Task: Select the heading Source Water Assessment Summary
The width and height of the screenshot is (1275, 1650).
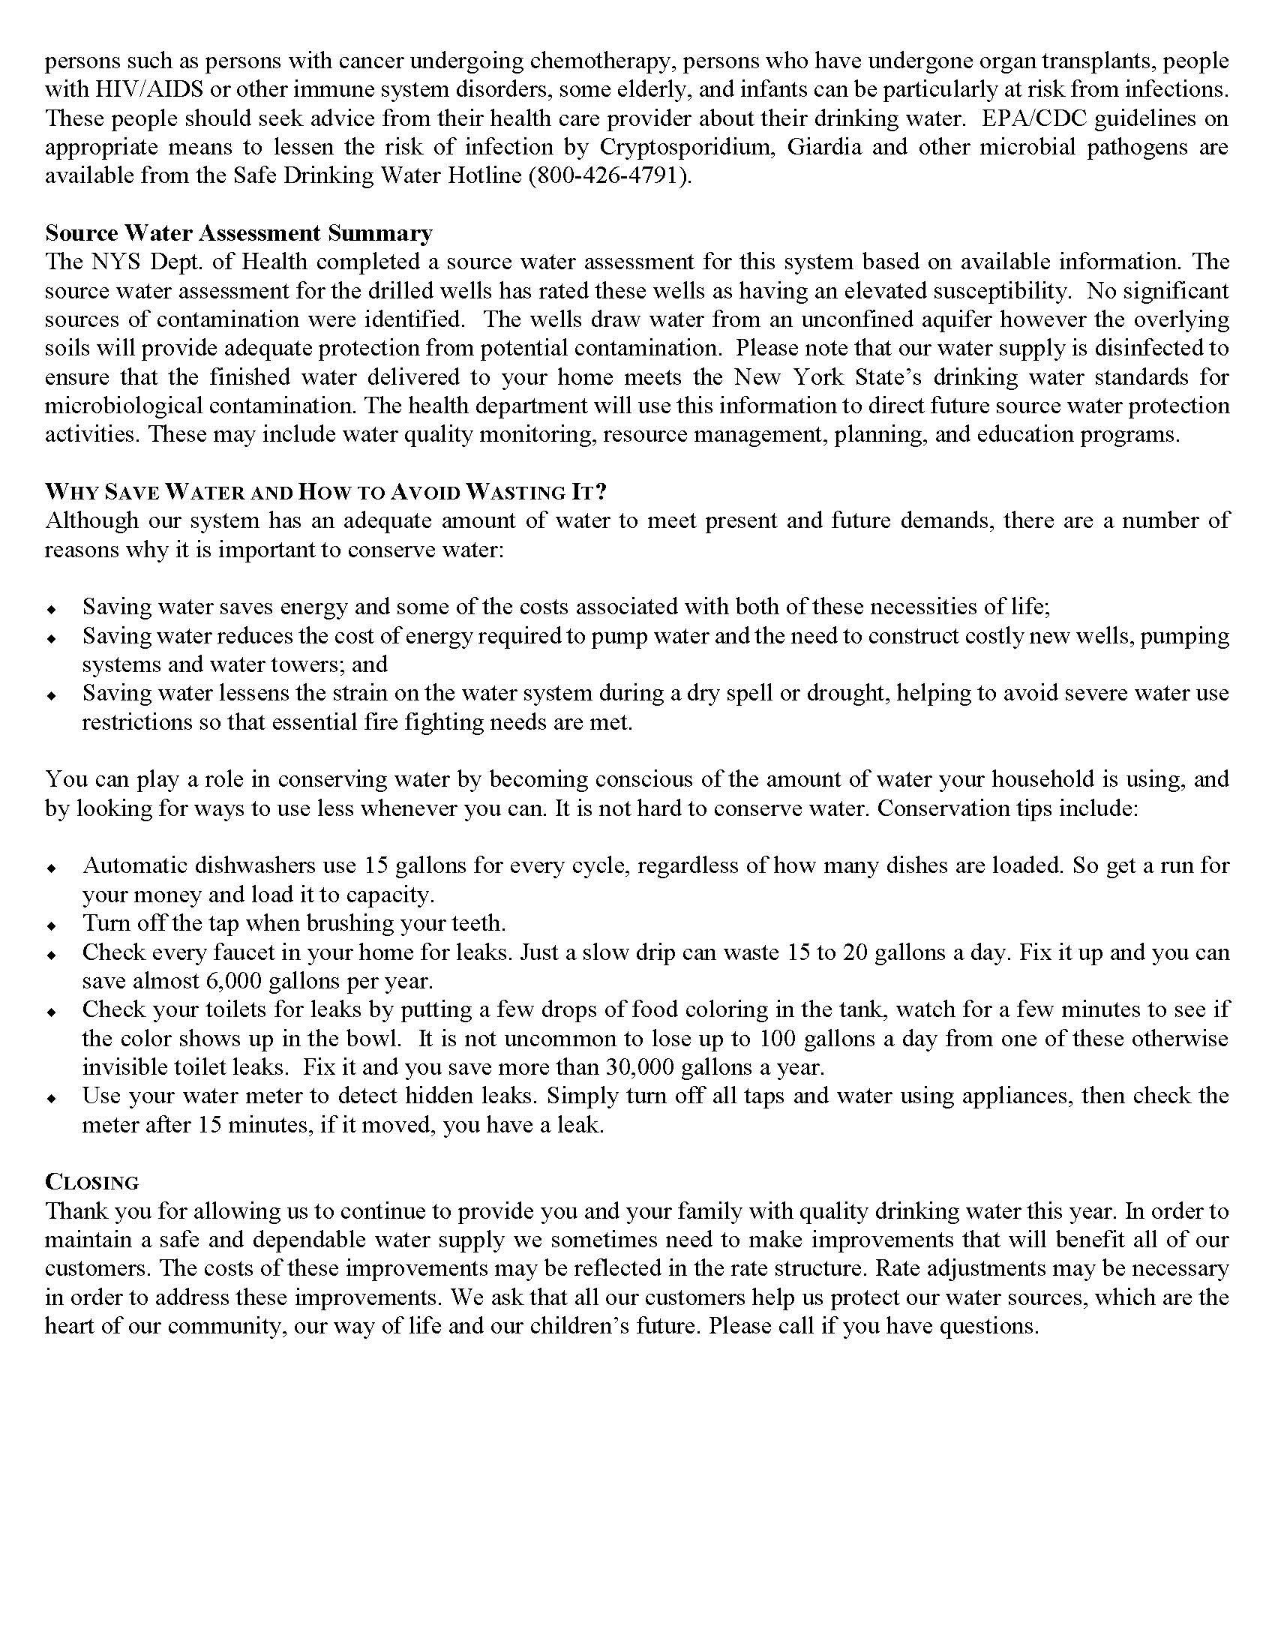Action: (238, 232)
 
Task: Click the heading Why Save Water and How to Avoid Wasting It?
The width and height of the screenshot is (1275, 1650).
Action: (325, 492)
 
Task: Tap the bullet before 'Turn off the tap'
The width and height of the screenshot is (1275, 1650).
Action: (51, 925)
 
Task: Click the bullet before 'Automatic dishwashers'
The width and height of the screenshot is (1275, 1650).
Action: (51, 867)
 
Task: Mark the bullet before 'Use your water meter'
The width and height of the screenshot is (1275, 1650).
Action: (51, 1098)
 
